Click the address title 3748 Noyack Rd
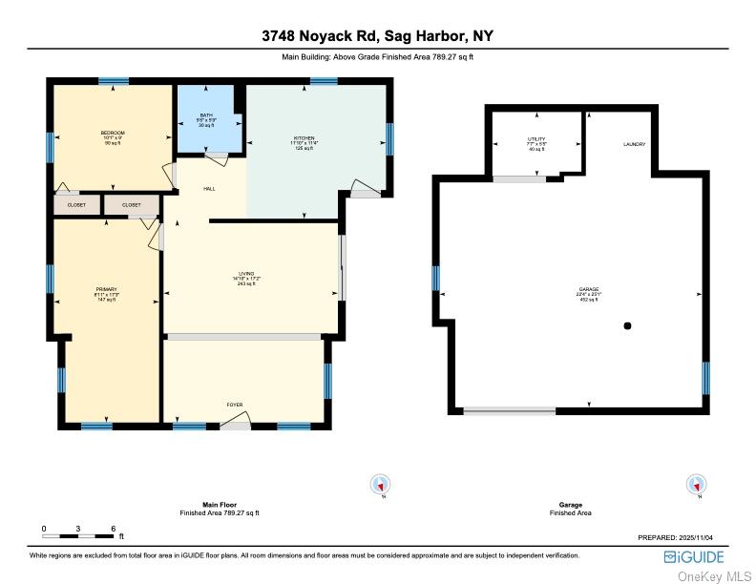tap(378, 36)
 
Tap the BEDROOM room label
tap(113, 133)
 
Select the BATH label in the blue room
tap(206, 115)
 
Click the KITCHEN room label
tap(304, 138)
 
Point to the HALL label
tap(209, 189)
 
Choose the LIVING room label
tap(249, 273)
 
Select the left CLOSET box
tap(76, 205)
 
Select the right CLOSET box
tap(131, 205)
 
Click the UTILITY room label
tap(536, 139)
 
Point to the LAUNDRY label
tap(635, 144)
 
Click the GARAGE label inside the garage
tap(589, 289)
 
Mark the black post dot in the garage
tap(627, 326)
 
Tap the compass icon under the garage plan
tap(698, 485)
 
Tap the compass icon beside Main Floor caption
tap(381, 485)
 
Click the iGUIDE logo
tap(695, 557)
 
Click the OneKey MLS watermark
tap(714, 575)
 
